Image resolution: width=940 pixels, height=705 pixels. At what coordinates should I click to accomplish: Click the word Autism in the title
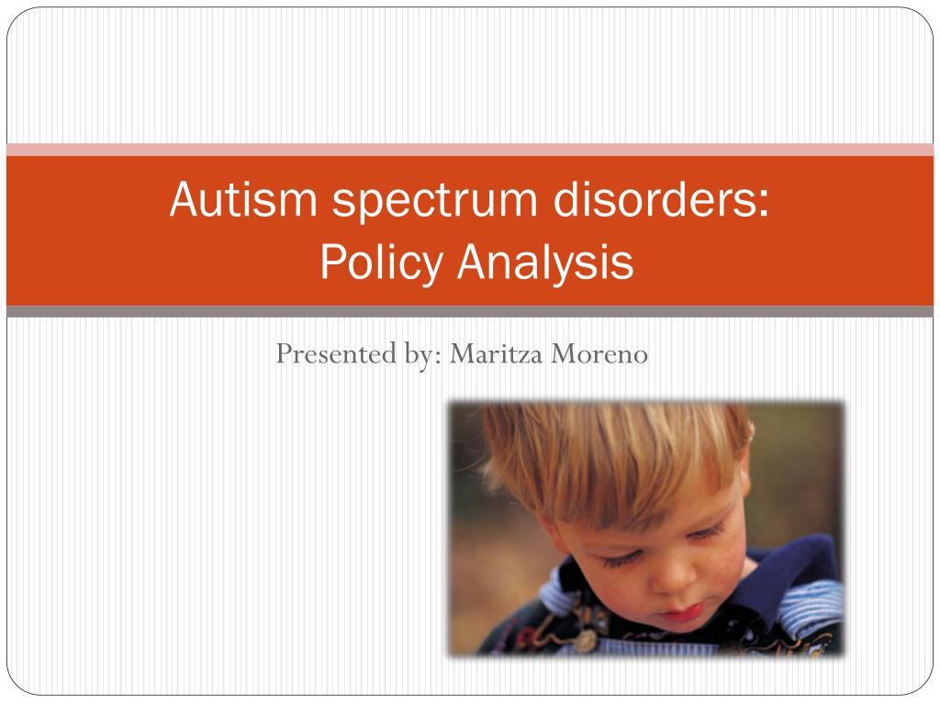click(243, 198)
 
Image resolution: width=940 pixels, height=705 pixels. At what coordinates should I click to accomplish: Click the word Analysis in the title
click(545, 262)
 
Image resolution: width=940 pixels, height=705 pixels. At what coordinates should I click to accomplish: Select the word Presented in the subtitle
click(336, 353)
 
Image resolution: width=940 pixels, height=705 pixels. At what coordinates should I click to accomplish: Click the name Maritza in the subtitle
click(497, 353)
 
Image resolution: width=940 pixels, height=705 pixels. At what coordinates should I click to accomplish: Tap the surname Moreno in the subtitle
click(599, 353)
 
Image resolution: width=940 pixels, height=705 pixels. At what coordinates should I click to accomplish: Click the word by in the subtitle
click(421, 354)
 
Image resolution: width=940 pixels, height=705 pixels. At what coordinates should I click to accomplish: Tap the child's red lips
click(682, 614)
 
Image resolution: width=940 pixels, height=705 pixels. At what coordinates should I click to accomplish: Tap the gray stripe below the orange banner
click(470, 311)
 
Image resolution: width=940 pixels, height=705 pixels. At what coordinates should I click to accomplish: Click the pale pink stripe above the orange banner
click(470, 150)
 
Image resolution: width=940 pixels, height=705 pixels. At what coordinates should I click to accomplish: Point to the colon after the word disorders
click(763, 203)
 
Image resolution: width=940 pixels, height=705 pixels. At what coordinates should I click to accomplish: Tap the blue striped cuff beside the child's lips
click(810, 606)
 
